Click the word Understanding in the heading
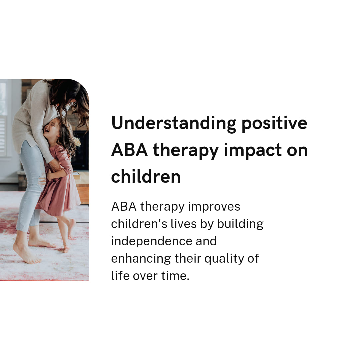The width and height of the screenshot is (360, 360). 174,123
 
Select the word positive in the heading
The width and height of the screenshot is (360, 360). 274,124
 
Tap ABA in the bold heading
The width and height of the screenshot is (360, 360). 129,150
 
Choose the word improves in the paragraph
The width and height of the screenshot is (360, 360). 214,207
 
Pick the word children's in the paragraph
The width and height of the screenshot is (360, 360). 139,224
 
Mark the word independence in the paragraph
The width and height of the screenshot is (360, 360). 152,242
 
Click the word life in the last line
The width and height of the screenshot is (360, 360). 120,276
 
